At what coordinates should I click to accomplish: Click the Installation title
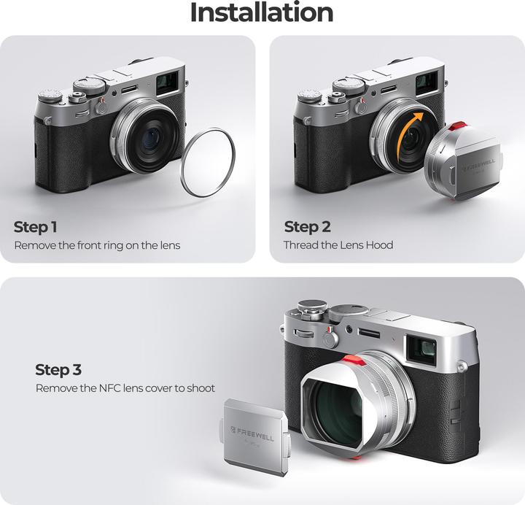[262, 12]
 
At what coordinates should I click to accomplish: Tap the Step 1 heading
[35, 226]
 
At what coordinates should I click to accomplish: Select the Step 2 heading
[306, 226]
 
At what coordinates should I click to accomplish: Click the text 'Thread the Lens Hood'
[338, 245]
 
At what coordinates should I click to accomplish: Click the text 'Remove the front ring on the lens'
[97, 245]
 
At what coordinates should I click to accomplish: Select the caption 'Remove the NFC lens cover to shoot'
[125, 388]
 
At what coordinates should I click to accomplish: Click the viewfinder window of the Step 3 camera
[421, 348]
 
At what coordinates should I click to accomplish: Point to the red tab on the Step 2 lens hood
[457, 126]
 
